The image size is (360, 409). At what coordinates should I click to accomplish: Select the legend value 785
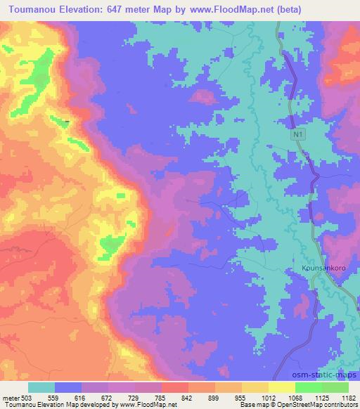tap(186, 398)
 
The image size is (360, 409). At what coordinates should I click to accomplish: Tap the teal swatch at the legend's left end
tap(41, 387)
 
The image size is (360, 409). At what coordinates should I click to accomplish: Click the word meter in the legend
tap(10, 398)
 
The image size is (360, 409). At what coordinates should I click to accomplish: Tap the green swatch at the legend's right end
tap(335, 387)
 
